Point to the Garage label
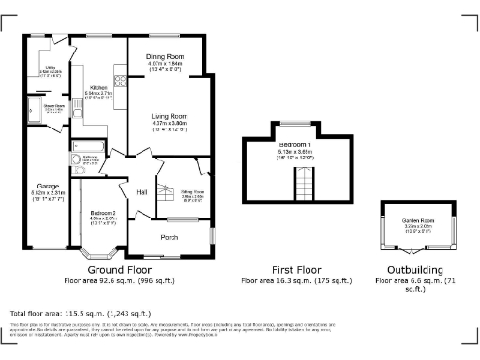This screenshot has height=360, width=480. pos(48,186)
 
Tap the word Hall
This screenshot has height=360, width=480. pos(142,192)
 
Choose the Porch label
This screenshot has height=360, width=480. pos(169,237)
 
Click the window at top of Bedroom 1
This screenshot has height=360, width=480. pos(297,123)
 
